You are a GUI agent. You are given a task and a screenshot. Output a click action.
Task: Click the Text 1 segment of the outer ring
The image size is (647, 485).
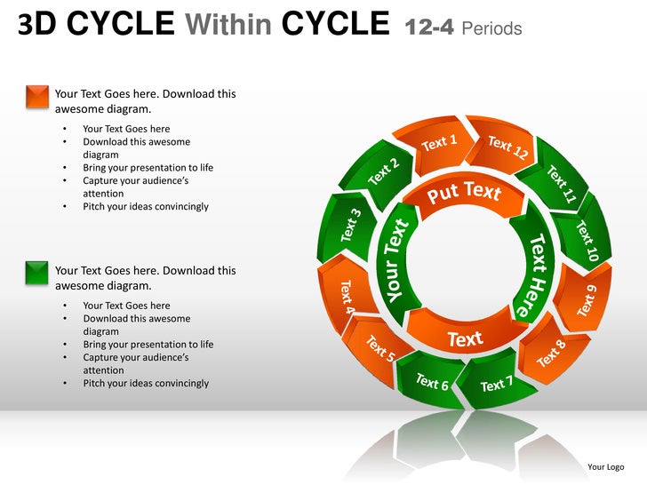coord(439,142)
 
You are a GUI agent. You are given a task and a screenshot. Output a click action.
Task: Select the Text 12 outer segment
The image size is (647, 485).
coord(507,147)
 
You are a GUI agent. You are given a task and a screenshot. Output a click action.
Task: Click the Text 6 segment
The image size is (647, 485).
coord(433,382)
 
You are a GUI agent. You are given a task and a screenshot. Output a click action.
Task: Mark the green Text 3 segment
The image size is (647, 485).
coord(350,225)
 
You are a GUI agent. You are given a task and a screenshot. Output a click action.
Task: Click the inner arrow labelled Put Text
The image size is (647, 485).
coord(464,193)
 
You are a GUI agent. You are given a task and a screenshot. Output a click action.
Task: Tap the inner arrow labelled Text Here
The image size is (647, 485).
coord(535,271)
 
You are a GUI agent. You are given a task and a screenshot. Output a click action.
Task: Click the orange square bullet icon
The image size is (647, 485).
coord(36,97)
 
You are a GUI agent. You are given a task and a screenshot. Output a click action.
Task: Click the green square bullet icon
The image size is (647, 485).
coord(36,273)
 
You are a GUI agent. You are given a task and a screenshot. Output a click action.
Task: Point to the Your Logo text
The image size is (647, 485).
coord(605,467)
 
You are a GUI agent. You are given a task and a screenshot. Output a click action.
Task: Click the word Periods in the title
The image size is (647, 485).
coord(491,28)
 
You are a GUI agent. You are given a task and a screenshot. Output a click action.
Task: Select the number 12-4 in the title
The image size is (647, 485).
coord(430,28)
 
